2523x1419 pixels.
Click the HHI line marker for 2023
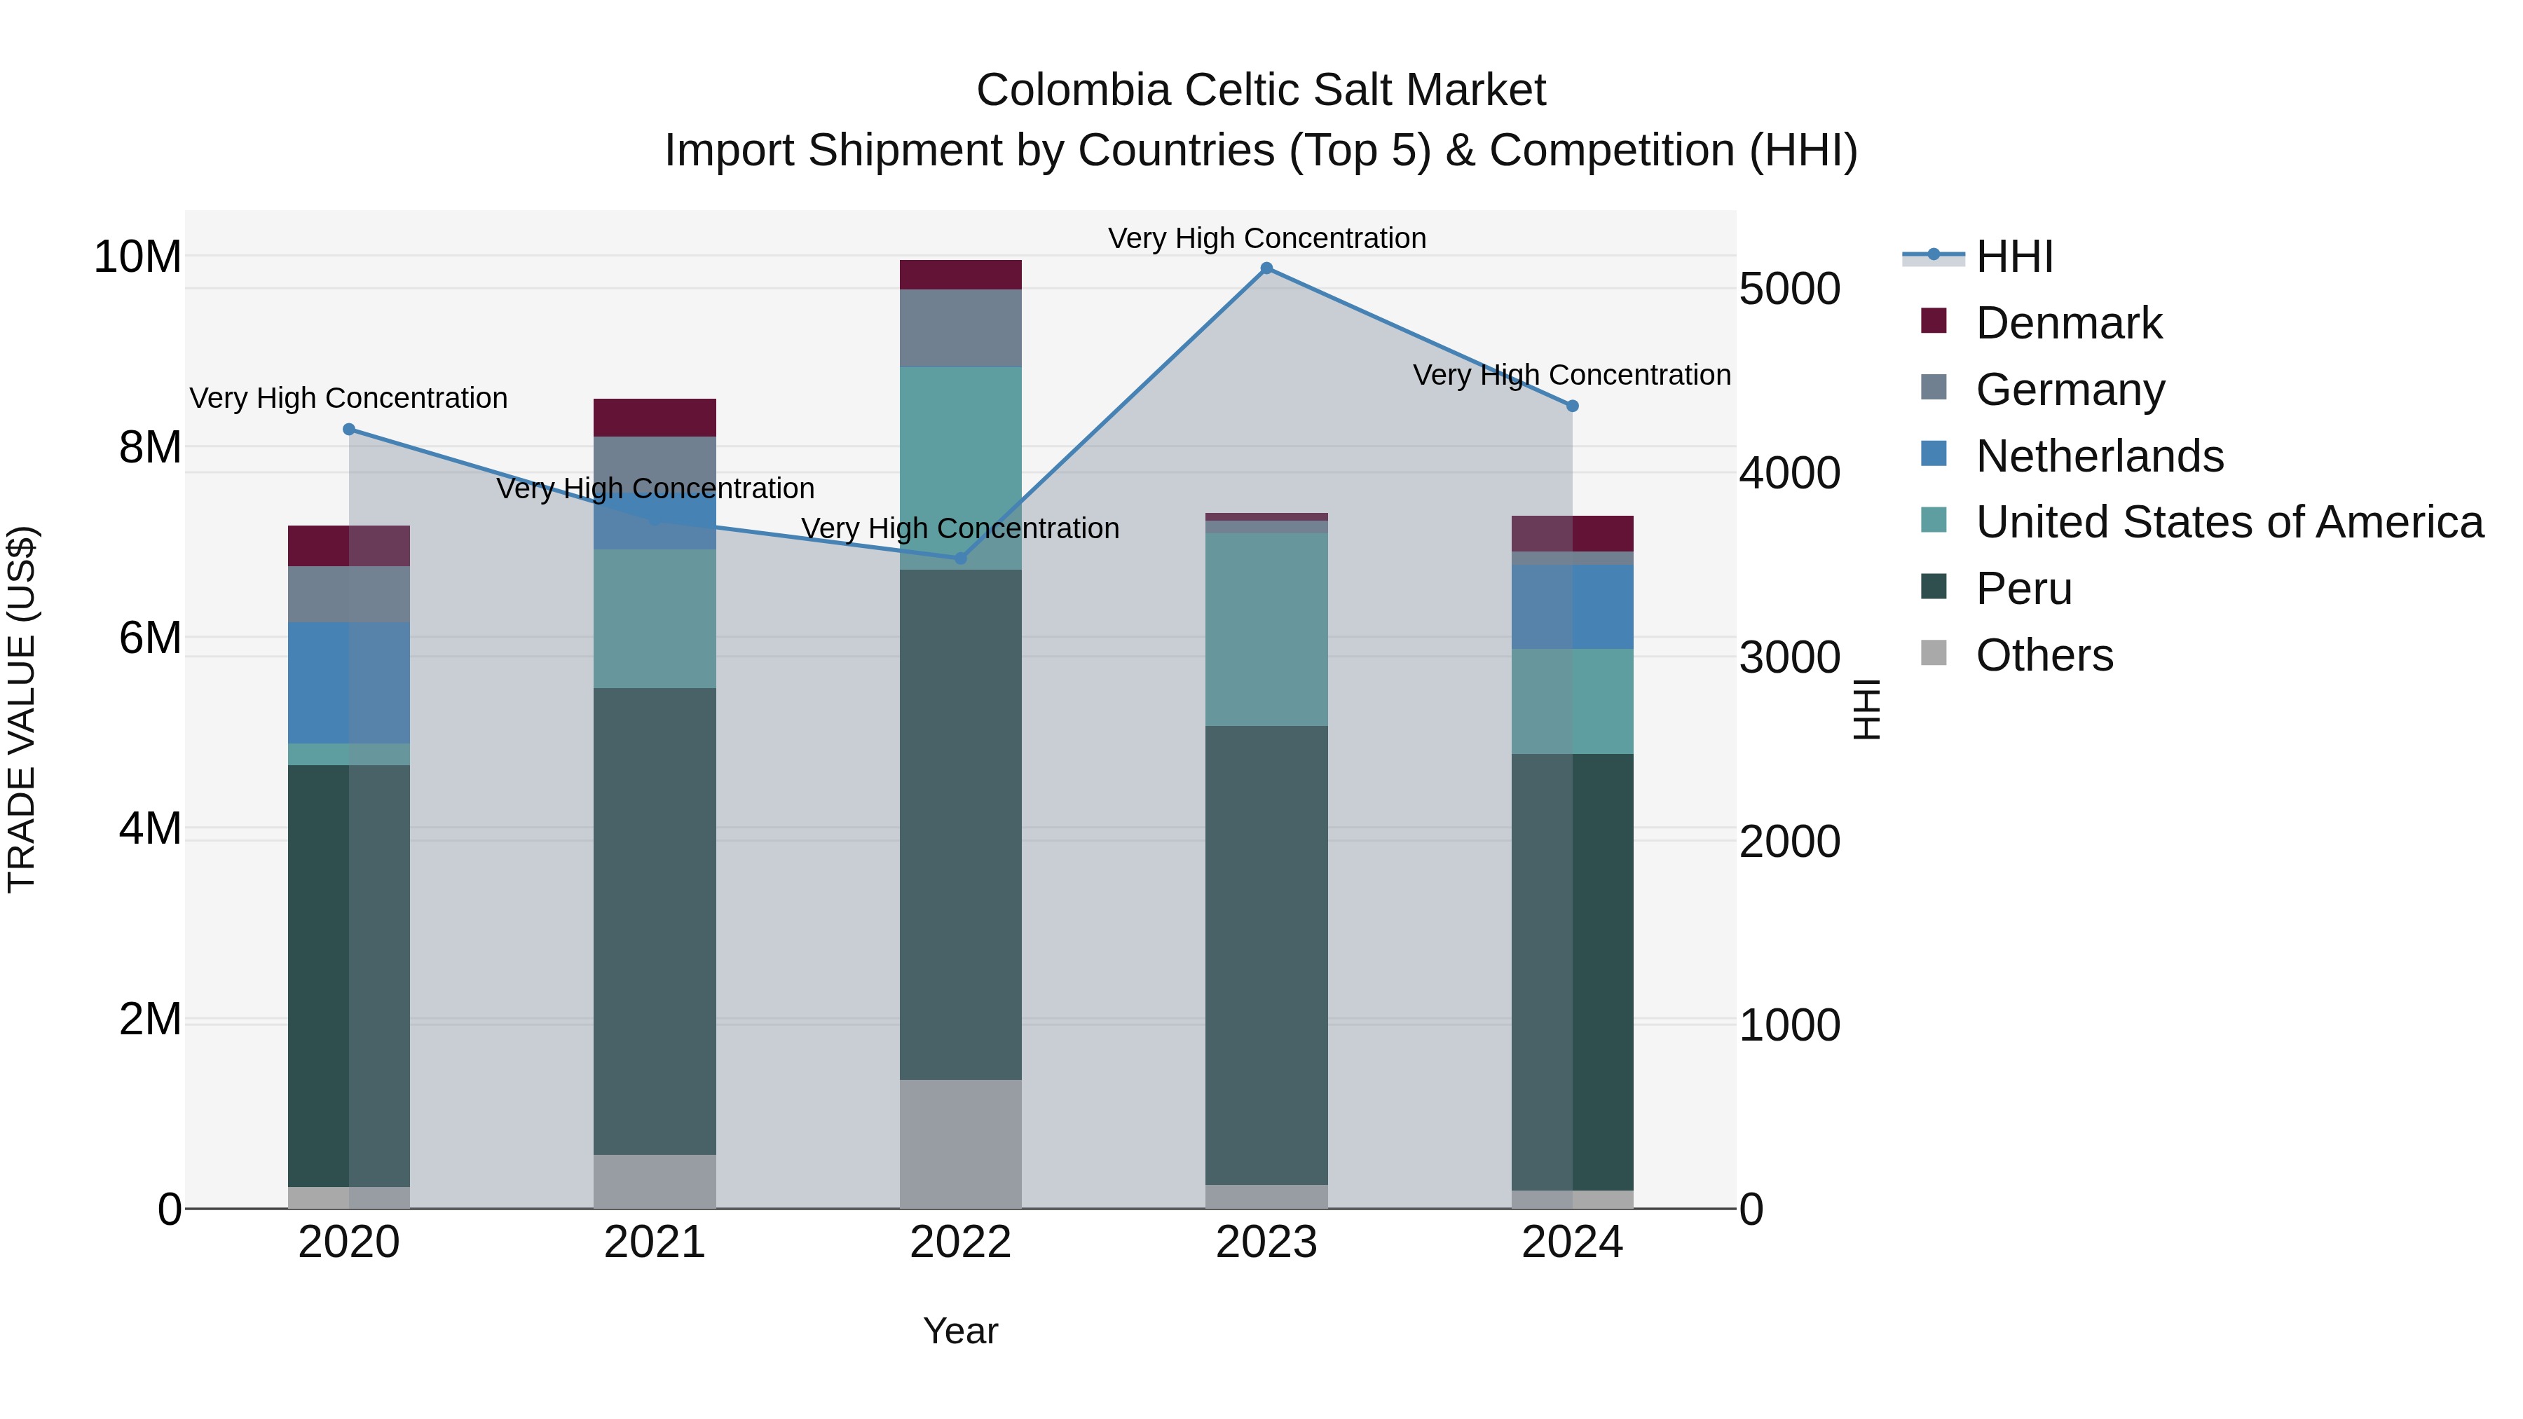coord(1266,268)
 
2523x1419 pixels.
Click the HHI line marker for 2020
coord(349,429)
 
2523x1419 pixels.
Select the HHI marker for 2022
coord(961,558)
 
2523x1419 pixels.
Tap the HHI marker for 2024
coord(1573,406)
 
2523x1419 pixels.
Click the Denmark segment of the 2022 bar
coord(961,275)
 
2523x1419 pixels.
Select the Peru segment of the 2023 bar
coord(1266,955)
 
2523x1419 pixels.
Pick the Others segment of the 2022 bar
coord(961,1144)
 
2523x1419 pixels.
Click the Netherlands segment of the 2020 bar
coord(349,683)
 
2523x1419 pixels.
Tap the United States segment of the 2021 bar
coord(655,619)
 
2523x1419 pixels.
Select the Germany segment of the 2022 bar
coord(961,328)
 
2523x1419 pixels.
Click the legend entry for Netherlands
coord(2099,456)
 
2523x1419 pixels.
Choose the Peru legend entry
coord(2023,589)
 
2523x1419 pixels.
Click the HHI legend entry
coord(2013,256)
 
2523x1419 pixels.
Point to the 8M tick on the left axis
coord(150,448)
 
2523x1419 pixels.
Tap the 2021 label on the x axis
coord(655,1242)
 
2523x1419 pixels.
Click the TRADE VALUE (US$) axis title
coord(22,709)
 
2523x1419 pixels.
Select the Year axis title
coord(960,1331)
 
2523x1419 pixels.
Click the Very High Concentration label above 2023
coord(1266,238)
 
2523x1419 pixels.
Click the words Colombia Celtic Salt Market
coord(1261,90)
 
